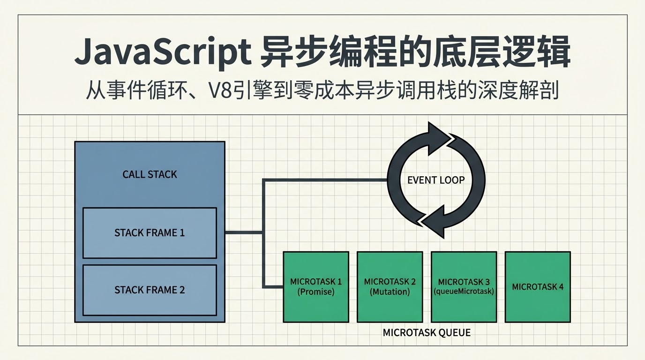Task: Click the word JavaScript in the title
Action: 163,52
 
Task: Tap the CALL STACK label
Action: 150,174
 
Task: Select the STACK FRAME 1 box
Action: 150,232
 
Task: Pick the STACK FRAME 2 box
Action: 150,290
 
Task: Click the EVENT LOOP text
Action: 436,180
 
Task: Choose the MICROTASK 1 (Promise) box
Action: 316,287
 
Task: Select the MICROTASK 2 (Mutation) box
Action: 390,287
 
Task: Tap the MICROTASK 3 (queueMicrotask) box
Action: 464,287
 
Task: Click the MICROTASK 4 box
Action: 538,287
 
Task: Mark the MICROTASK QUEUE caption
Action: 427,333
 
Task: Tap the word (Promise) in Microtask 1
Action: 316,292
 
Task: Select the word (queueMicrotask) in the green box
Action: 464,291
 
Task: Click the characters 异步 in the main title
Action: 292,52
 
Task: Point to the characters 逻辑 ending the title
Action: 537,52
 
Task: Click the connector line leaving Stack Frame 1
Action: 244,232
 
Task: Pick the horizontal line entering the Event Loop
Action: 325,180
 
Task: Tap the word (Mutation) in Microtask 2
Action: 390,292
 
